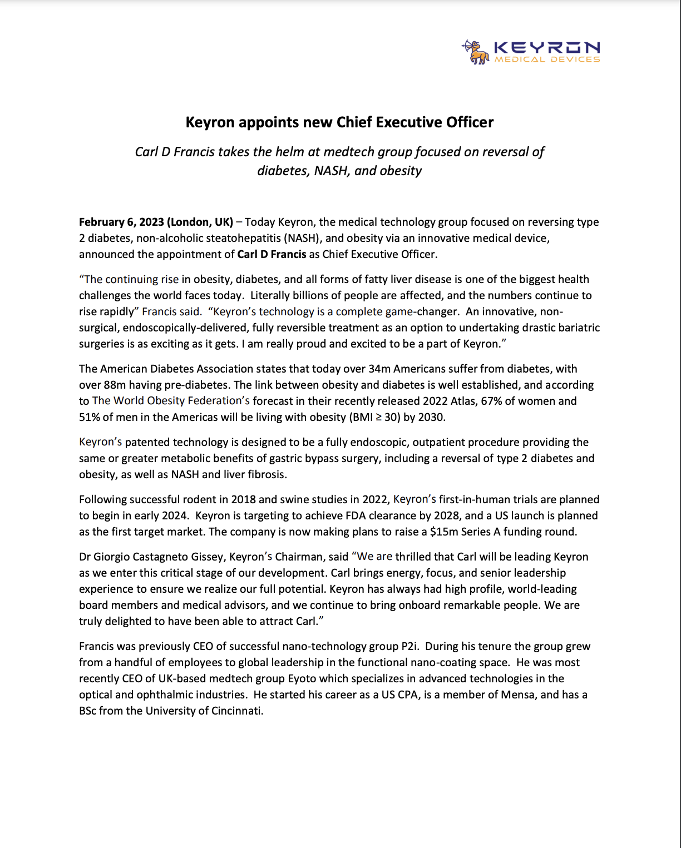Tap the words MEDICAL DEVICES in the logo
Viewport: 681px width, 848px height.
coord(547,59)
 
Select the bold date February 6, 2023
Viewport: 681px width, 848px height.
coord(121,222)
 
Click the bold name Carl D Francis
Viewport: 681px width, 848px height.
coord(272,254)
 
